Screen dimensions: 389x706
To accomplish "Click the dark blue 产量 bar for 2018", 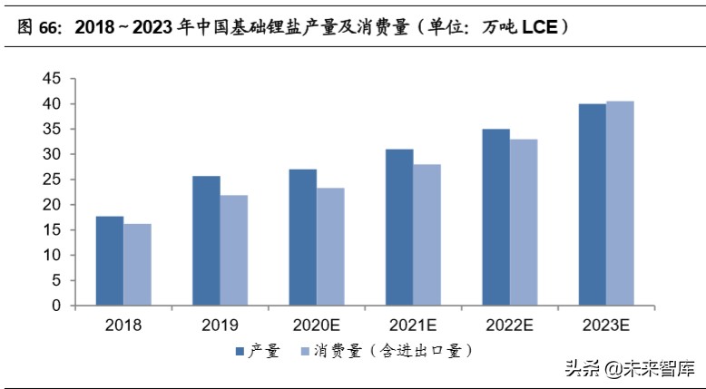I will (x=110, y=260).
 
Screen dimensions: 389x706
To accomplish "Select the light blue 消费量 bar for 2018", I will (x=138, y=264).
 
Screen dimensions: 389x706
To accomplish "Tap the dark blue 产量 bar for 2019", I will (x=206, y=240).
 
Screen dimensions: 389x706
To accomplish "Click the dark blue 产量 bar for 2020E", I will (x=303, y=237).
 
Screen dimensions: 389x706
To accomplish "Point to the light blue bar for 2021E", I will (x=427, y=235).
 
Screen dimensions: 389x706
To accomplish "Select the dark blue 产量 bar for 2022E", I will (x=496, y=217).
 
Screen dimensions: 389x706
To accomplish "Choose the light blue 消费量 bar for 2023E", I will (x=621, y=203).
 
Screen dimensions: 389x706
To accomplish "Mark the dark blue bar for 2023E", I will (x=593, y=204).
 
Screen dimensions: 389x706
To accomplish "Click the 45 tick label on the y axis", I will (x=52, y=79).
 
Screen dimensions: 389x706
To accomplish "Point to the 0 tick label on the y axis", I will (x=56, y=306).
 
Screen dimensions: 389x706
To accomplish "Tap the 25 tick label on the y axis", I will (x=52, y=180).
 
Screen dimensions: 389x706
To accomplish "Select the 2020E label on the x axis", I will (x=317, y=325).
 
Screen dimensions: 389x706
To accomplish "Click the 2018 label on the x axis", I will (x=123, y=325).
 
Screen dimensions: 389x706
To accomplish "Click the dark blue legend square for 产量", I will (x=240, y=350).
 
